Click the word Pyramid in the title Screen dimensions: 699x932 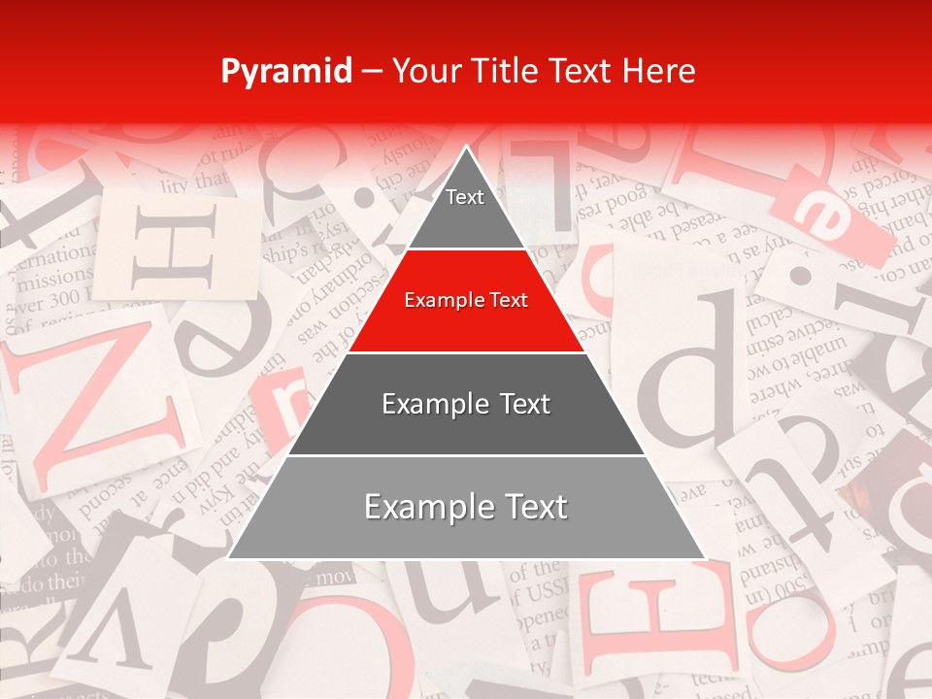click(286, 71)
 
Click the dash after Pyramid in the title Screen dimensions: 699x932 click(372, 72)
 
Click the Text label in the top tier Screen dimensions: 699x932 click(465, 197)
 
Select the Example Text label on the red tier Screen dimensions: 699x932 click(466, 300)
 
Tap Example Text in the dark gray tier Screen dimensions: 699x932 click(466, 404)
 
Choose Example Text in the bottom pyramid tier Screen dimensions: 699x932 click(466, 507)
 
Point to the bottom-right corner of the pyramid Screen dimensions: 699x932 click(704, 558)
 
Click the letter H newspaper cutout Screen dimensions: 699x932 click(176, 250)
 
